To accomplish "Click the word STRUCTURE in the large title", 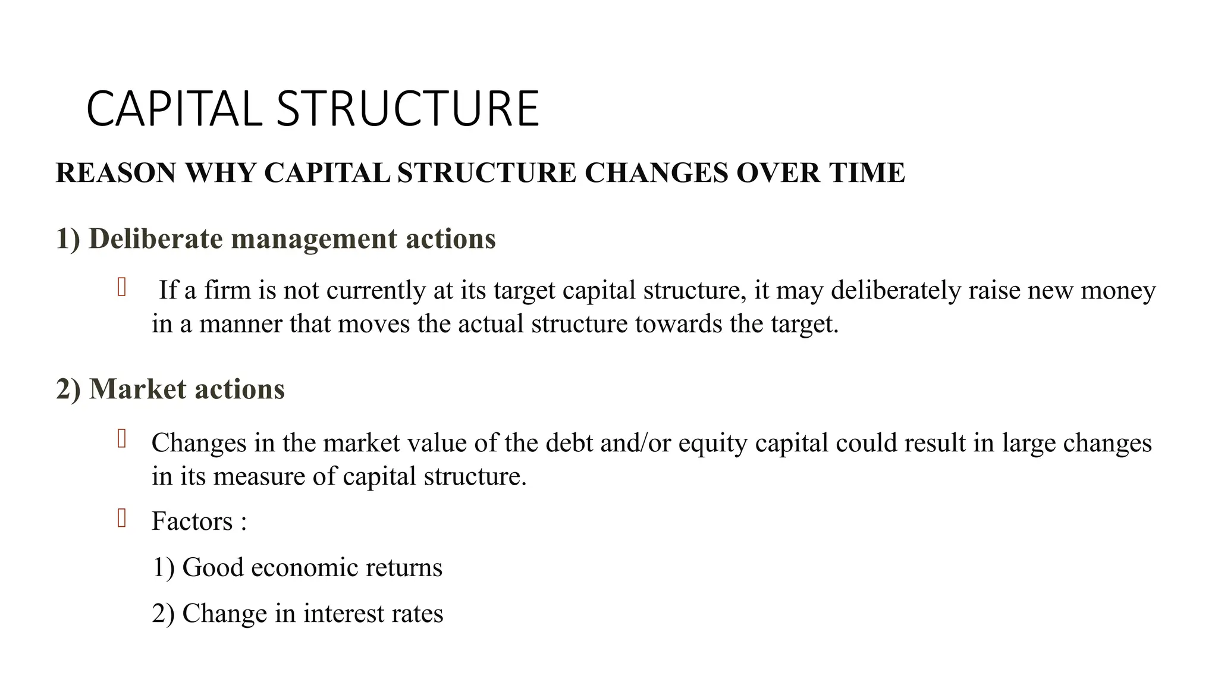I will pos(407,109).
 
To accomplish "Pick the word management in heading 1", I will pos(314,238).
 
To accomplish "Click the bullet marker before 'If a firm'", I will pos(121,287).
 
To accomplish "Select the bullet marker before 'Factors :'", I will pos(121,519).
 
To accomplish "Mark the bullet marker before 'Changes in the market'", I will pos(121,439).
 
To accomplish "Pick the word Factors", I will pos(192,521).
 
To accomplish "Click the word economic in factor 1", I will pos(304,567).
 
